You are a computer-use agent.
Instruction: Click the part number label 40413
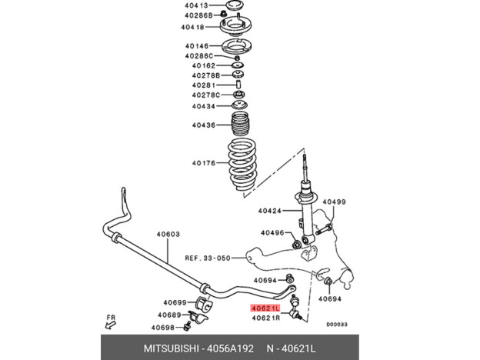point(196,5)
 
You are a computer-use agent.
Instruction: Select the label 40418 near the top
point(193,27)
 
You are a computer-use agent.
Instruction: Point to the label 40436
point(204,125)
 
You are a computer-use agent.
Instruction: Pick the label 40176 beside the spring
point(204,163)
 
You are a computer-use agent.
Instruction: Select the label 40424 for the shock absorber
point(270,210)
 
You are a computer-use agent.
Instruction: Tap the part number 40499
point(334,202)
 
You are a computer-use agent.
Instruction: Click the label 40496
point(272,232)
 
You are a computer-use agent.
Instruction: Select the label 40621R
point(265,317)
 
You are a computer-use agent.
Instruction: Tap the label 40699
point(175,302)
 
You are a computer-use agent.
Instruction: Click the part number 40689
point(170,315)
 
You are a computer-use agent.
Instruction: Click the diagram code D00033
point(336,324)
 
